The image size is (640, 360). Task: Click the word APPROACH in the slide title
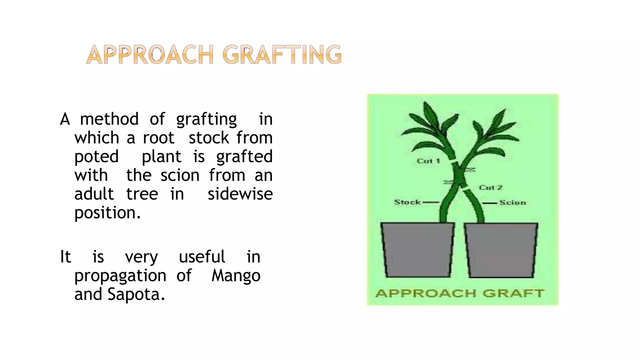tap(150, 55)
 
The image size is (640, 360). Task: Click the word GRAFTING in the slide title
tap(282, 55)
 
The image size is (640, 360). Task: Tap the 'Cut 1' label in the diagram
tap(428, 161)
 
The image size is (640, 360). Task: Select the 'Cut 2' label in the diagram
tap(490, 187)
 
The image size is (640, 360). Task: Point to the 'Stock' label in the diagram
tap(407, 202)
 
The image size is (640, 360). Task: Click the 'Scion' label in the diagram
tap(512, 202)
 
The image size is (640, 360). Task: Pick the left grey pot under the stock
tap(417, 250)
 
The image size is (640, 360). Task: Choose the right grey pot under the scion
tap(501, 250)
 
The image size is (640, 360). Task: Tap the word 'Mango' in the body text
tap(236, 276)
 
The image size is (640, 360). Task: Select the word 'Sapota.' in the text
tap(136, 294)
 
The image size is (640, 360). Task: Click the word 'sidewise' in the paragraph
tap(240, 194)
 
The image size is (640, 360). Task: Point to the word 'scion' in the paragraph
tap(180, 175)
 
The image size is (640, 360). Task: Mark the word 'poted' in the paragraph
tap(97, 157)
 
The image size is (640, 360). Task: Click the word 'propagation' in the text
tap(120, 276)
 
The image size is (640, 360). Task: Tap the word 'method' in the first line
tap(109, 119)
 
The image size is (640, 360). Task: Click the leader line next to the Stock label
tap(431, 202)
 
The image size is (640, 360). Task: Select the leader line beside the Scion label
tap(490, 203)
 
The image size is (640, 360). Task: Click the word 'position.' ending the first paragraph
tap(107, 213)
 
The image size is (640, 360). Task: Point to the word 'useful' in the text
tap(202, 257)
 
